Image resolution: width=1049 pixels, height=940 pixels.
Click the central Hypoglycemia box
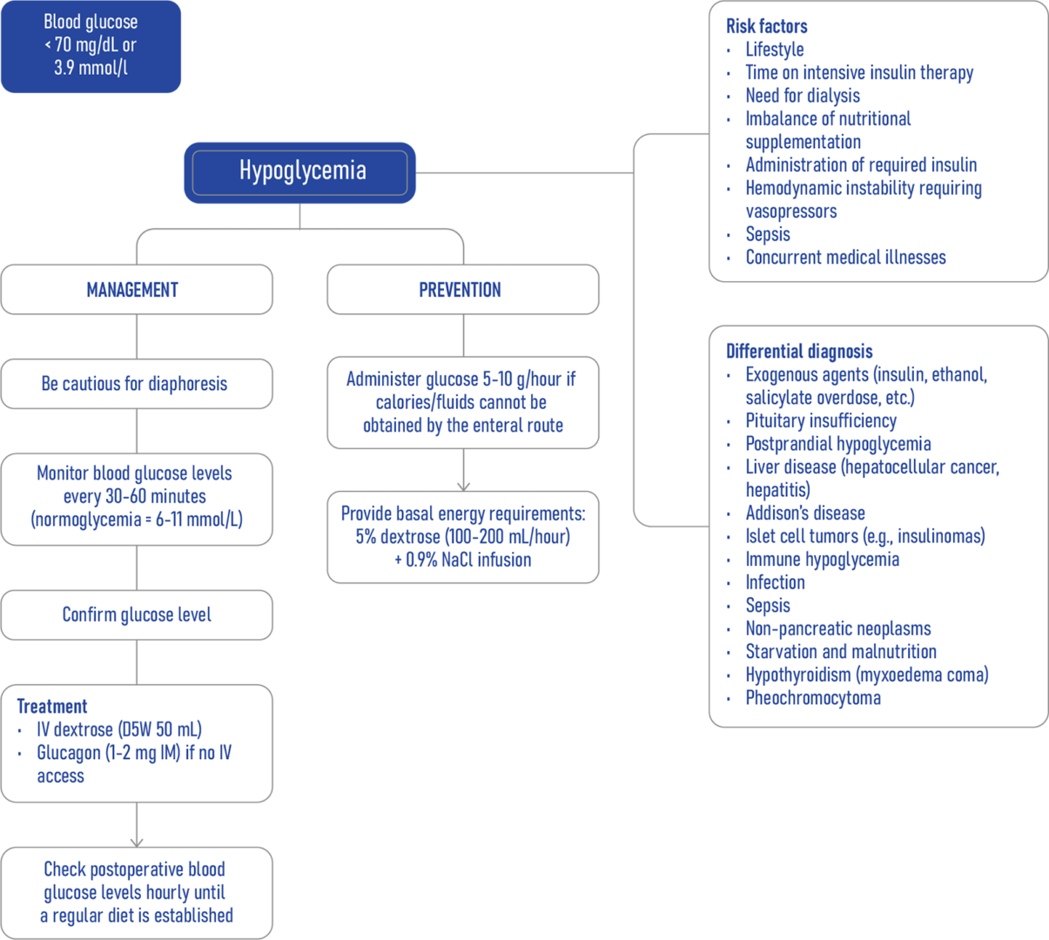pyautogui.click(x=299, y=171)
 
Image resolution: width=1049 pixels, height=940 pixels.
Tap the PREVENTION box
pyautogui.click(x=462, y=290)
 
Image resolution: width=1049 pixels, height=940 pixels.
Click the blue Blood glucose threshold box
pyautogui.click(x=91, y=45)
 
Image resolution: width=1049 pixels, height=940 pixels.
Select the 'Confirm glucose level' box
pyautogui.click(x=137, y=614)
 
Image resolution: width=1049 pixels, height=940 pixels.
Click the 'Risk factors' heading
pyautogui.click(x=766, y=26)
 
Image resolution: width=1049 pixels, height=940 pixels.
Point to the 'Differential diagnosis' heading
pyautogui.click(x=798, y=352)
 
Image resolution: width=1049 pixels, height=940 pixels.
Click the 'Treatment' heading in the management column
pyautogui.click(x=52, y=707)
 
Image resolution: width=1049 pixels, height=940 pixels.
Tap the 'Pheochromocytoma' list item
pyautogui.click(x=812, y=698)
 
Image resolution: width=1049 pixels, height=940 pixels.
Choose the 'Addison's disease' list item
pyautogui.click(x=804, y=514)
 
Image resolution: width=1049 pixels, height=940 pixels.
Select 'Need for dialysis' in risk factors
pyautogui.click(x=802, y=96)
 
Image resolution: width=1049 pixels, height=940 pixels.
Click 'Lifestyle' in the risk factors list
pyautogui.click(x=774, y=50)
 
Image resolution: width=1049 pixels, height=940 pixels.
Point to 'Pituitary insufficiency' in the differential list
pyautogui.click(x=820, y=421)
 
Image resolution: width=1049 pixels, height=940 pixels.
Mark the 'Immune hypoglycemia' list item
pyautogui.click(x=822, y=560)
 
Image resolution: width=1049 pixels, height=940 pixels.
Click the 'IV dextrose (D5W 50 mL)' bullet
pyautogui.click(x=118, y=729)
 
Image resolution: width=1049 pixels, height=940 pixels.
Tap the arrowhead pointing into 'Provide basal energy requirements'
pyautogui.click(x=463, y=485)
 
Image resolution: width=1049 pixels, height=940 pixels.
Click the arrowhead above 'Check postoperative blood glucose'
pyautogui.click(x=137, y=840)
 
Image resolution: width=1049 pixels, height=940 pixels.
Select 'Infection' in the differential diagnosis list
pyautogui.click(x=775, y=582)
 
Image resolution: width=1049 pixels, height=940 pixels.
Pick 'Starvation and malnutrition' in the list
pyautogui.click(x=840, y=652)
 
